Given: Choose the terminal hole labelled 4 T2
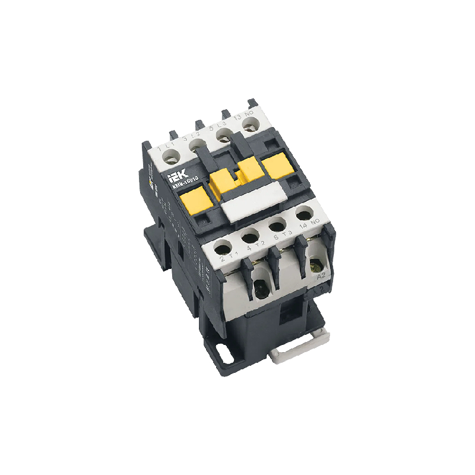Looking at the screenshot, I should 250,236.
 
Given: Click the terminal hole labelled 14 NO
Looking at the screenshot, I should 306,214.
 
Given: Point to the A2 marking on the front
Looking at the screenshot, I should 322,275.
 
